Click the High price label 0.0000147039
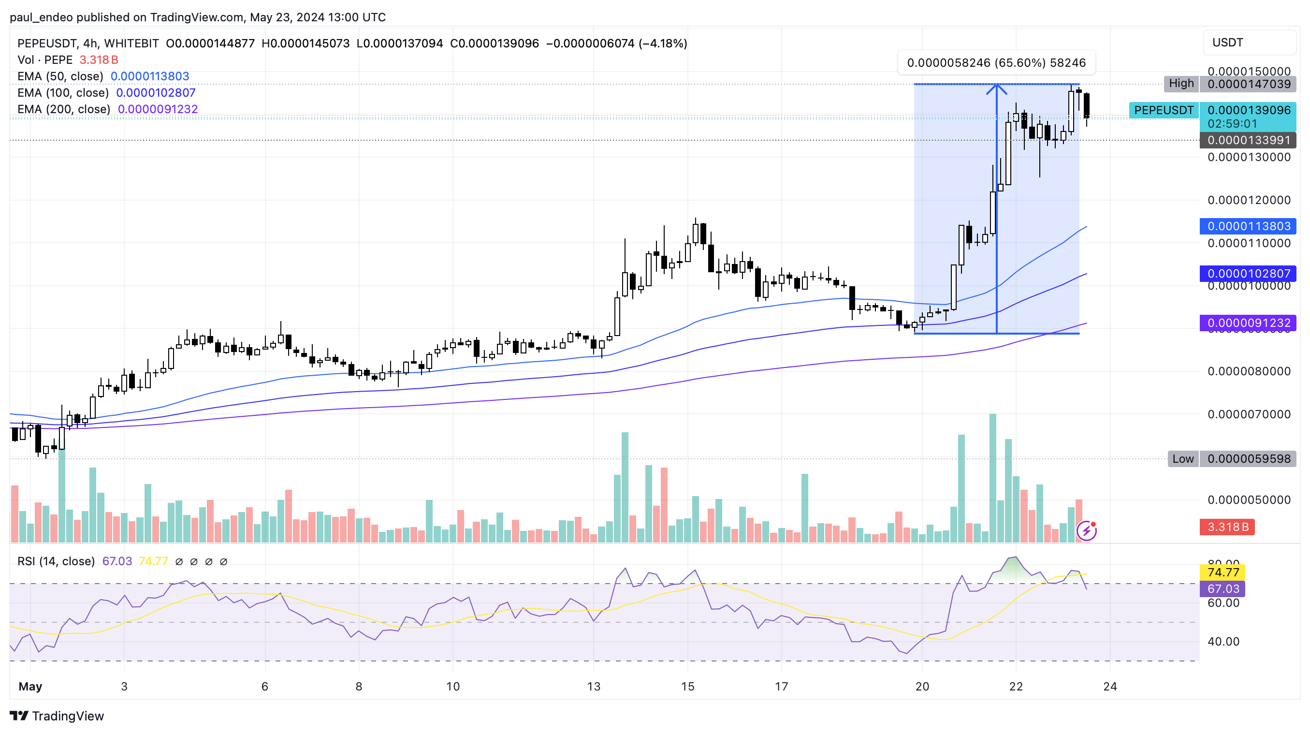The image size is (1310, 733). (x=1249, y=84)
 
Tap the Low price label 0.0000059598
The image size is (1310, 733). (x=1249, y=459)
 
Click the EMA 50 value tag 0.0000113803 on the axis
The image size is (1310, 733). (x=1249, y=226)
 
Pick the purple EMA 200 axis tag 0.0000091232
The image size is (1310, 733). (x=1249, y=323)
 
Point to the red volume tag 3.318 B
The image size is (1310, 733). (x=1227, y=527)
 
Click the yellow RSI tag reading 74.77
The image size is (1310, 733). (x=1223, y=572)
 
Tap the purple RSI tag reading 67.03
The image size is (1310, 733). (x=1223, y=589)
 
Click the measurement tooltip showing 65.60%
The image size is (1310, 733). (x=996, y=63)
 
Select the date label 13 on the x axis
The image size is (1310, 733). (x=594, y=687)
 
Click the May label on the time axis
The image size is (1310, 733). (x=30, y=687)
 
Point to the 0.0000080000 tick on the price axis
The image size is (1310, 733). (x=1249, y=371)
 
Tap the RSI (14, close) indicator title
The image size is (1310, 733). (x=56, y=561)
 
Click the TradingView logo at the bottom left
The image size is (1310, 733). (x=57, y=716)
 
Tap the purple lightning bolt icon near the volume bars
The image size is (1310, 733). (x=1086, y=531)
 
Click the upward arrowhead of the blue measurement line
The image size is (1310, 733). (x=996, y=88)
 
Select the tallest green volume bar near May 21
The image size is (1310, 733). (x=993, y=478)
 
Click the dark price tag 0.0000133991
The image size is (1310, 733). (x=1249, y=140)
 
